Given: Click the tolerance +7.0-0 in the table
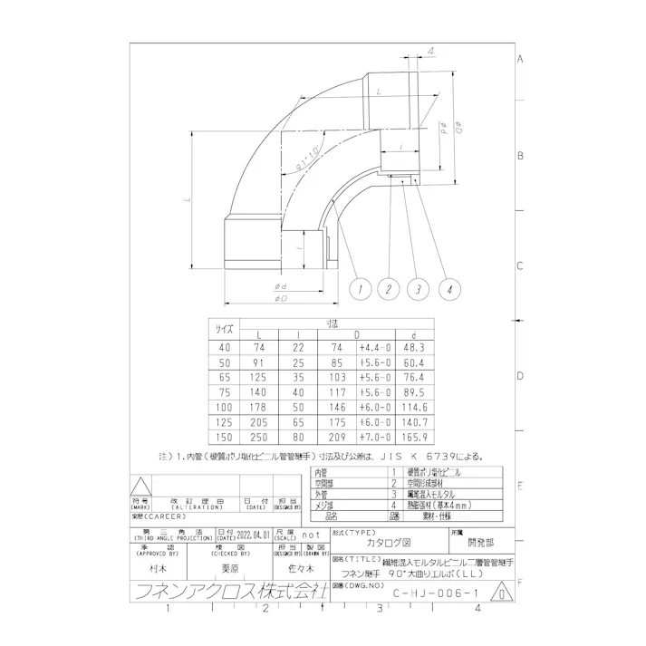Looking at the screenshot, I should pyautogui.click(x=373, y=435).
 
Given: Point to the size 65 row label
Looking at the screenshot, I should pyautogui.click(x=223, y=375).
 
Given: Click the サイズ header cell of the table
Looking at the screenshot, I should pyautogui.click(x=223, y=328).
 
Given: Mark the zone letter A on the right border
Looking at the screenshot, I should pyautogui.click(x=521, y=60).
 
